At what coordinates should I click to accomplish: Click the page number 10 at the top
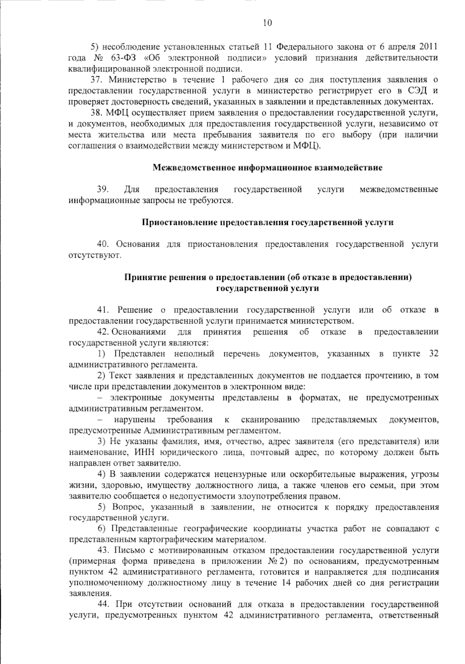click(x=267, y=23)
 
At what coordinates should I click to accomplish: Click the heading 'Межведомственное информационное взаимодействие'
click(x=267, y=168)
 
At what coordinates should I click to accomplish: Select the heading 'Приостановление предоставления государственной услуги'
click(x=267, y=223)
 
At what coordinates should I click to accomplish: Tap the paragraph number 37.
click(x=96, y=80)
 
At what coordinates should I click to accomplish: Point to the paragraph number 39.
click(x=102, y=190)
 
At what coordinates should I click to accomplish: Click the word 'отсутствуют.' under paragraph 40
click(x=95, y=255)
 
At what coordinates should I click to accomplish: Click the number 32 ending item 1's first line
click(x=434, y=354)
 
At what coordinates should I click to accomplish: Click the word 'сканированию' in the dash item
click(x=270, y=420)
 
